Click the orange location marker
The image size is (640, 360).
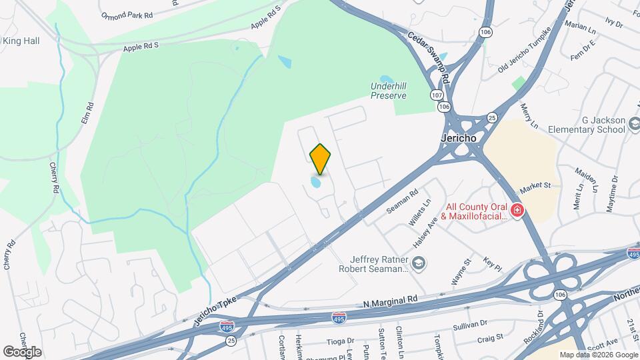click(x=321, y=159)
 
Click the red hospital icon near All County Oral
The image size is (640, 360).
click(x=517, y=211)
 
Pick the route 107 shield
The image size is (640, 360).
click(x=436, y=95)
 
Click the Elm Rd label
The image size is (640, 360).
click(x=85, y=112)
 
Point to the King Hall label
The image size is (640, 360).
click(x=21, y=41)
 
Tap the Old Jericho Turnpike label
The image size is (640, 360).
click(x=525, y=50)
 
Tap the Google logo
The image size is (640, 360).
click(x=22, y=351)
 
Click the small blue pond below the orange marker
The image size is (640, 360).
click(x=316, y=181)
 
